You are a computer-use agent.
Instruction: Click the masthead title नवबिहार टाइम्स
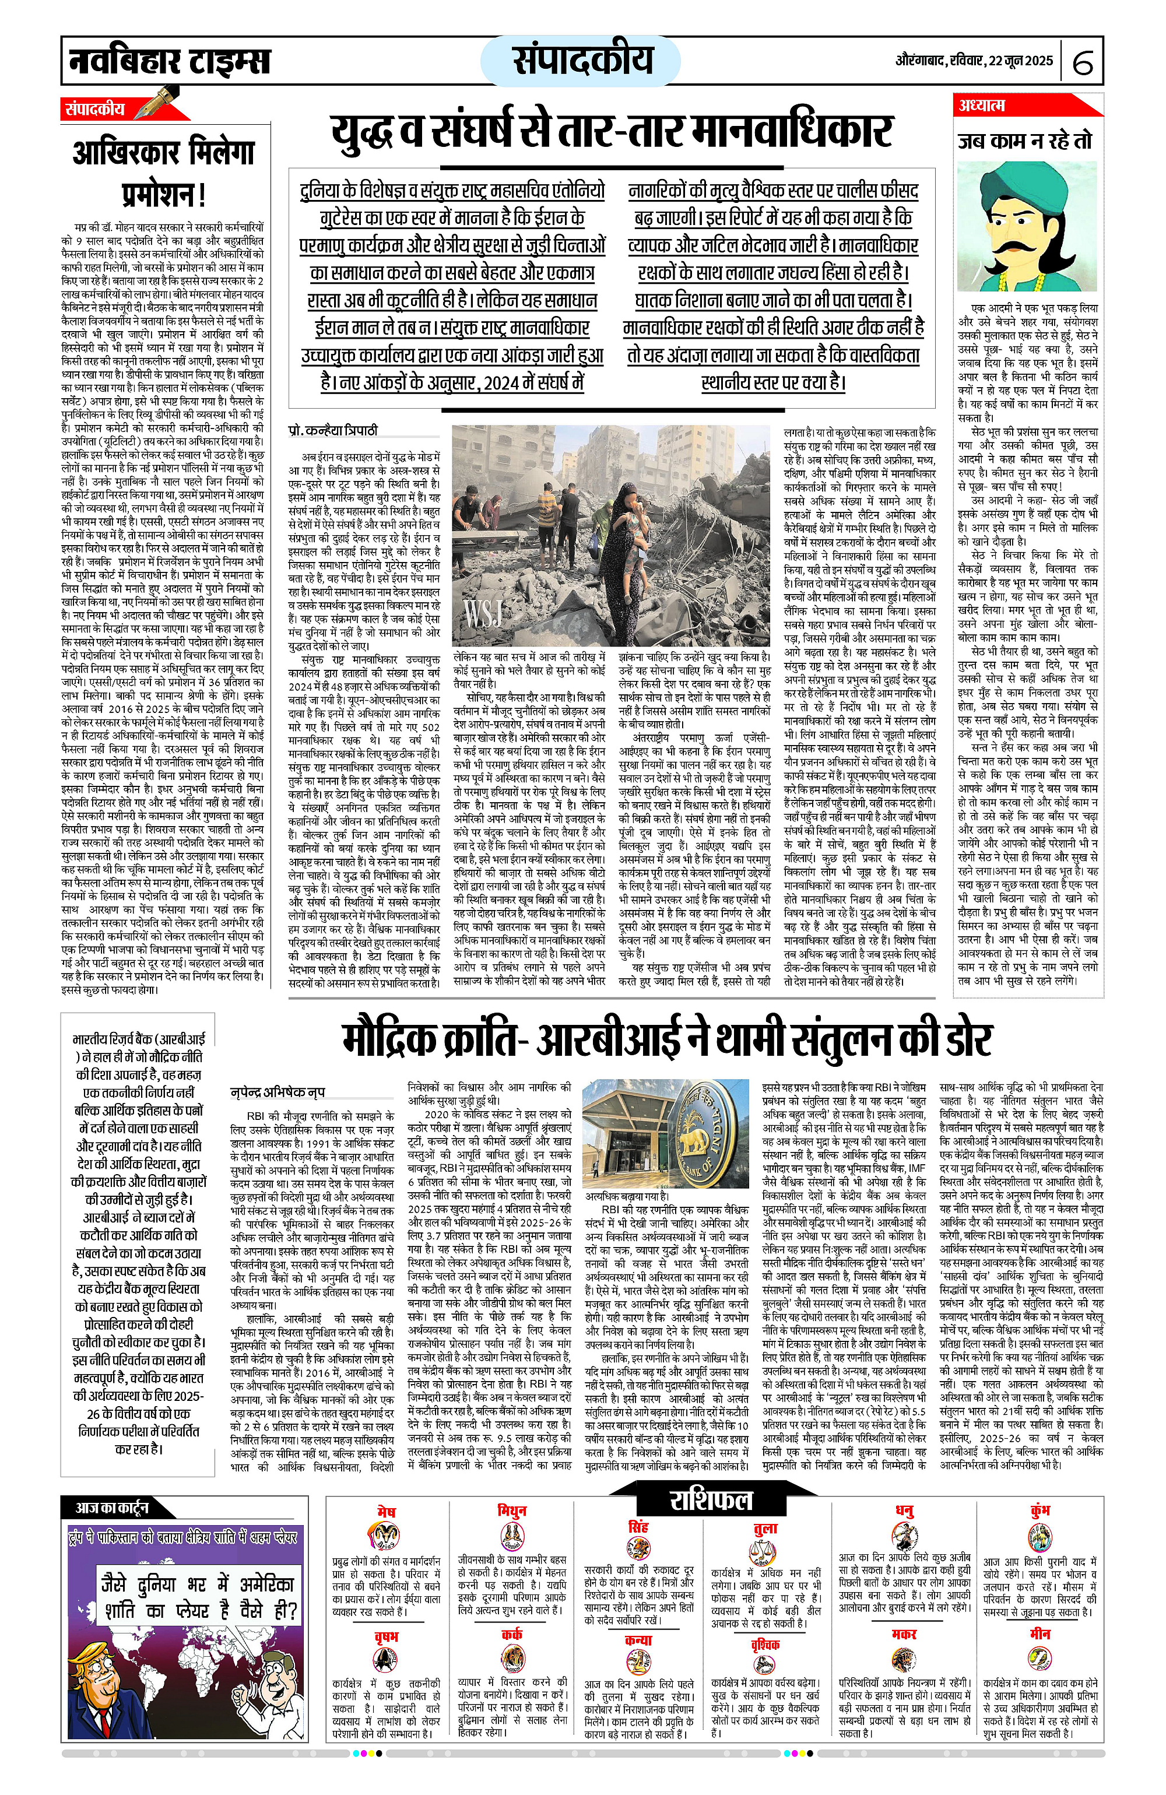[x=170, y=60]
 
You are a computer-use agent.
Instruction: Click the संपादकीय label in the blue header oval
[x=581, y=59]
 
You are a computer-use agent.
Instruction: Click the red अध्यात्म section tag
[x=982, y=106]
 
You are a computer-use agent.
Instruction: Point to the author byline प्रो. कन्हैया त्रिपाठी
[x=333, y=431]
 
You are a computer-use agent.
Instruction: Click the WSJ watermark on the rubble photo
[x=483, y=614]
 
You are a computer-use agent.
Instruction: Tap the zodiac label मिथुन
[x=512, y=1510]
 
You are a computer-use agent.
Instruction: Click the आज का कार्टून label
[x=111, y=1508]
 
